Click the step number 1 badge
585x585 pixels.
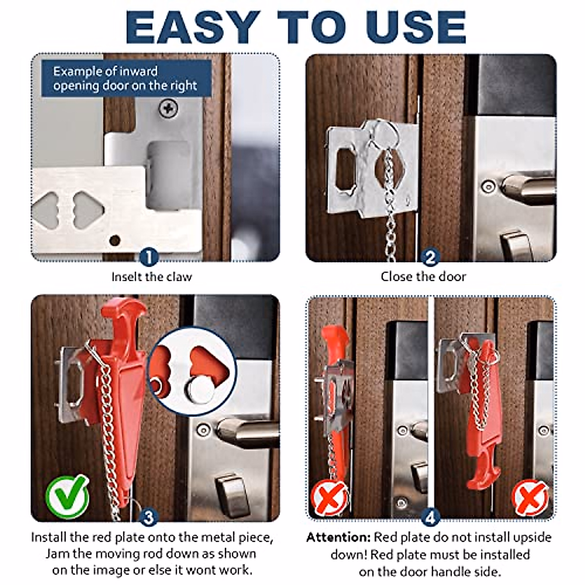[x=149, y=257]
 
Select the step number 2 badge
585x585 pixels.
[x=429, y=257]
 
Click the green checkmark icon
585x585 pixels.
[x=67, y=497]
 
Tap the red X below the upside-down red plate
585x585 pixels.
[x=530, y=497]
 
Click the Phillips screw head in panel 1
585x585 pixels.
[x=168, y=108]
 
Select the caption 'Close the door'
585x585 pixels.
[x=423, y=277]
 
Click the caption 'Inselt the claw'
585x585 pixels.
[x=152, y=277]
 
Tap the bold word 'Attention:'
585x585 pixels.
[x=338, y=538]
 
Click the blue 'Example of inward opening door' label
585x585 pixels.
[x=126, y=78]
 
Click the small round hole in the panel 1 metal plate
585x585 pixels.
[x=115, y=240]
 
